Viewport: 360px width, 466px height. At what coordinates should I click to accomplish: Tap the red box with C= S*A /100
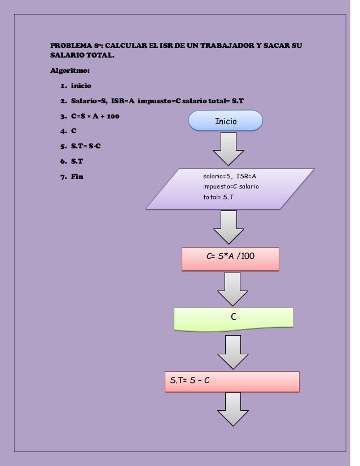pos(230,258)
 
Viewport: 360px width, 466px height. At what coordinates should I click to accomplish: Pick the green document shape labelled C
pos(233,318)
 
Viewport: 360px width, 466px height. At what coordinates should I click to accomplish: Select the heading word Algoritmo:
pos(66,71)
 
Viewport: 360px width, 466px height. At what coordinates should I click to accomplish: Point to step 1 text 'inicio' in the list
pos(81,87)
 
